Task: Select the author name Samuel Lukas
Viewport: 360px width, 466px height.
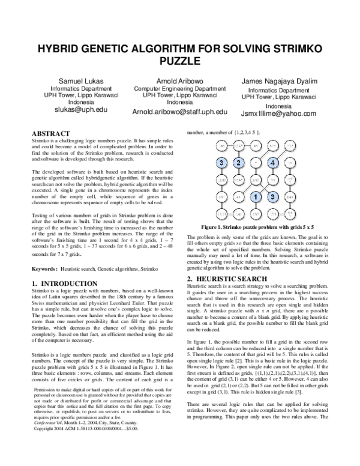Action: [76, 81]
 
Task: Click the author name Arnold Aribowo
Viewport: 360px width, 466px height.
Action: [180, 81]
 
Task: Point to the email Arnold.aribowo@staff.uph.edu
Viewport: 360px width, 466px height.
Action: [180, 112]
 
